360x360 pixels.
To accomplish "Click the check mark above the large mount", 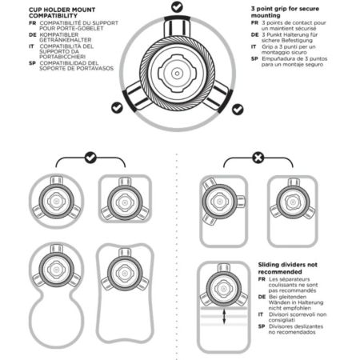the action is point(177,7).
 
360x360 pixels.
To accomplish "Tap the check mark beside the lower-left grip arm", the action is point(117,107).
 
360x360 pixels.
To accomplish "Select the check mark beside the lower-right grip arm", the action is point(238,110).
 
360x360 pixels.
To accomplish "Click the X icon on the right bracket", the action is point(258,158).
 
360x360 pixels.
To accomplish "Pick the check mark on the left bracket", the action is point(90,158).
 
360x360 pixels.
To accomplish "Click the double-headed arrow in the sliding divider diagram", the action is point(224,317).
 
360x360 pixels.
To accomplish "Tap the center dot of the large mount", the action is point(177,73).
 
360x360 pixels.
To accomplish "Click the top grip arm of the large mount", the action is point(177,26).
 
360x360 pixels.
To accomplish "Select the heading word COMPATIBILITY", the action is point(53,16).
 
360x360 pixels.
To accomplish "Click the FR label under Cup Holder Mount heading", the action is point(33,23).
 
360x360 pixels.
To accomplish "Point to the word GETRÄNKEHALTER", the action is point(66,40).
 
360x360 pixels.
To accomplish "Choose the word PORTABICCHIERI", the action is point(62,57).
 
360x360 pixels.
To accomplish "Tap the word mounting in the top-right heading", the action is point(266,15).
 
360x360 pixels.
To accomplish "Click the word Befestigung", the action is point(294,41).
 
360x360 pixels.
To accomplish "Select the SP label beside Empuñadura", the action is point(254,58).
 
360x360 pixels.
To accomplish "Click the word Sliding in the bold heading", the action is point(268,265).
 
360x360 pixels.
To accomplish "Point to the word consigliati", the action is point(282,320).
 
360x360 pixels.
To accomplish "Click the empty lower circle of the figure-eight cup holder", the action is point(57,320).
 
